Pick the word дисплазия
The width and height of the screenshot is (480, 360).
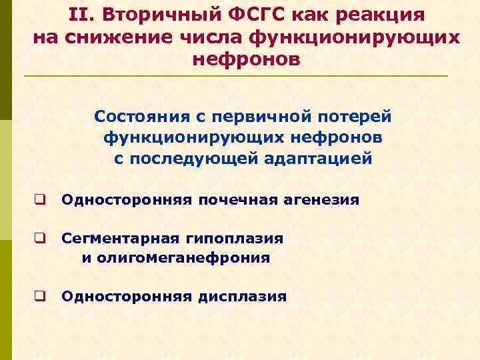[243, 297]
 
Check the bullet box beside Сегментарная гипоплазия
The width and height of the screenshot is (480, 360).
[41, 238]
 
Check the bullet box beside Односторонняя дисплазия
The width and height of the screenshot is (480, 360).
[41, 297]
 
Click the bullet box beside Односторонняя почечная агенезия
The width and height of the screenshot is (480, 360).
[41, 199]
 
